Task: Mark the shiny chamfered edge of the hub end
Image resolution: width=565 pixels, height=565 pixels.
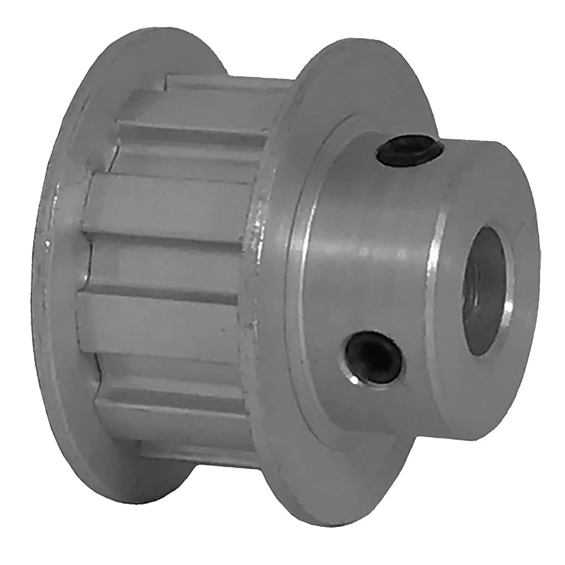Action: (436, 282)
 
